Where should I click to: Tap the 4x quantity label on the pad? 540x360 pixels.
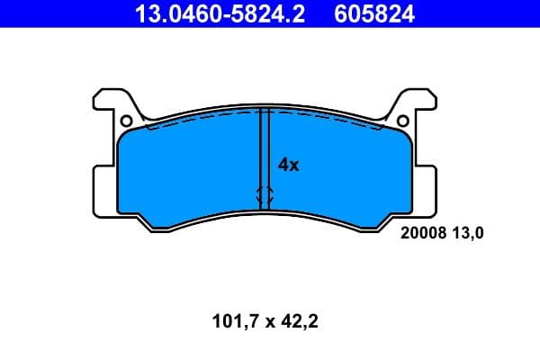click(x=288, y=165)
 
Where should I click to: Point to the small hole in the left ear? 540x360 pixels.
click(x=126, y=121)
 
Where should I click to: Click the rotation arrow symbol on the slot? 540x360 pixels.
click(x=265, y=193)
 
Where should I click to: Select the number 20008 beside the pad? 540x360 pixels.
click(x=420, y=232)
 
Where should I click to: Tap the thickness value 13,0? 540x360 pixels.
click(x=468, y=232)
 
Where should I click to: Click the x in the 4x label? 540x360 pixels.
click(x=293, y=166)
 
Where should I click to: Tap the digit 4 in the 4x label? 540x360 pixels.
click(x=283, y=165)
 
